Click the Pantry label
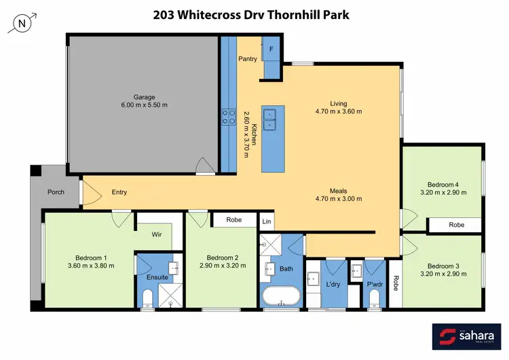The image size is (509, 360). click(x=248, y=59)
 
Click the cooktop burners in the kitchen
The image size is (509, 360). click(x=226, y=118)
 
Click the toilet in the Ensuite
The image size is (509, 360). click(x=147, y=298)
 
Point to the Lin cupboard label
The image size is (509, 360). click(x=267, y=221)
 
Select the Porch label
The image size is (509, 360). click(x=56, y=192)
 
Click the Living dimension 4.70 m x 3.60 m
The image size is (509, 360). click(x=339, y=111)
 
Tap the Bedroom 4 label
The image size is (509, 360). click(x=442, y=184)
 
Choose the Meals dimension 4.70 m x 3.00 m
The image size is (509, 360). click(x=339, y=199)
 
